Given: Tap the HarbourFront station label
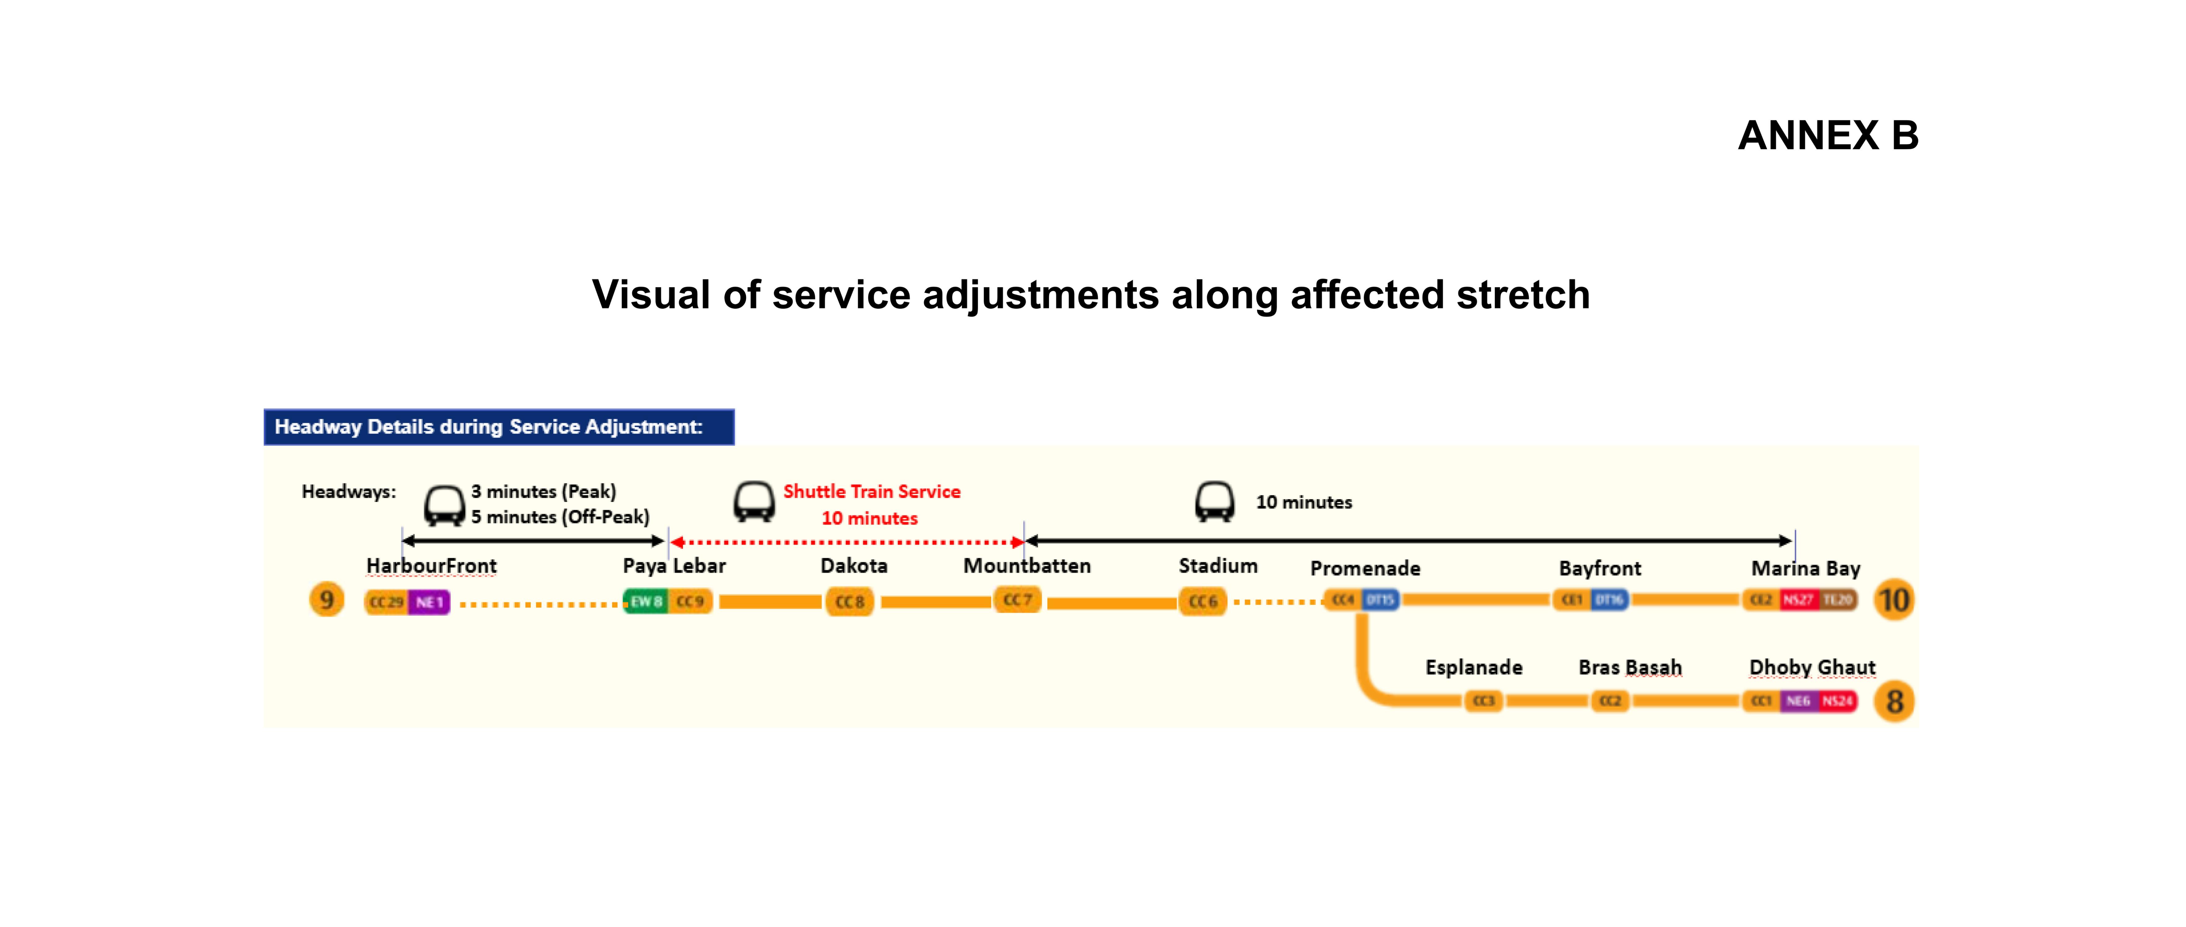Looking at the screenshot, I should [431, 566].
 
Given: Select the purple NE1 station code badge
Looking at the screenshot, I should [429, 602].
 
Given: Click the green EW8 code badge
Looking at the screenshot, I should [646, 601].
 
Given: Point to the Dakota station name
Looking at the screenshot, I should [854, 566].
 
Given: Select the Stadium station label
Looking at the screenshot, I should [1218, 566].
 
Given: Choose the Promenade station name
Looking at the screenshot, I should [1365, 568].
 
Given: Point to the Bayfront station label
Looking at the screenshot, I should [1600, 568].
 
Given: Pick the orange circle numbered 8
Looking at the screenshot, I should [1894, 701].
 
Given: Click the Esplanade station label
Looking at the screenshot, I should [1473, 667].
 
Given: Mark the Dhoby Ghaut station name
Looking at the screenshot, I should [1812, 667].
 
